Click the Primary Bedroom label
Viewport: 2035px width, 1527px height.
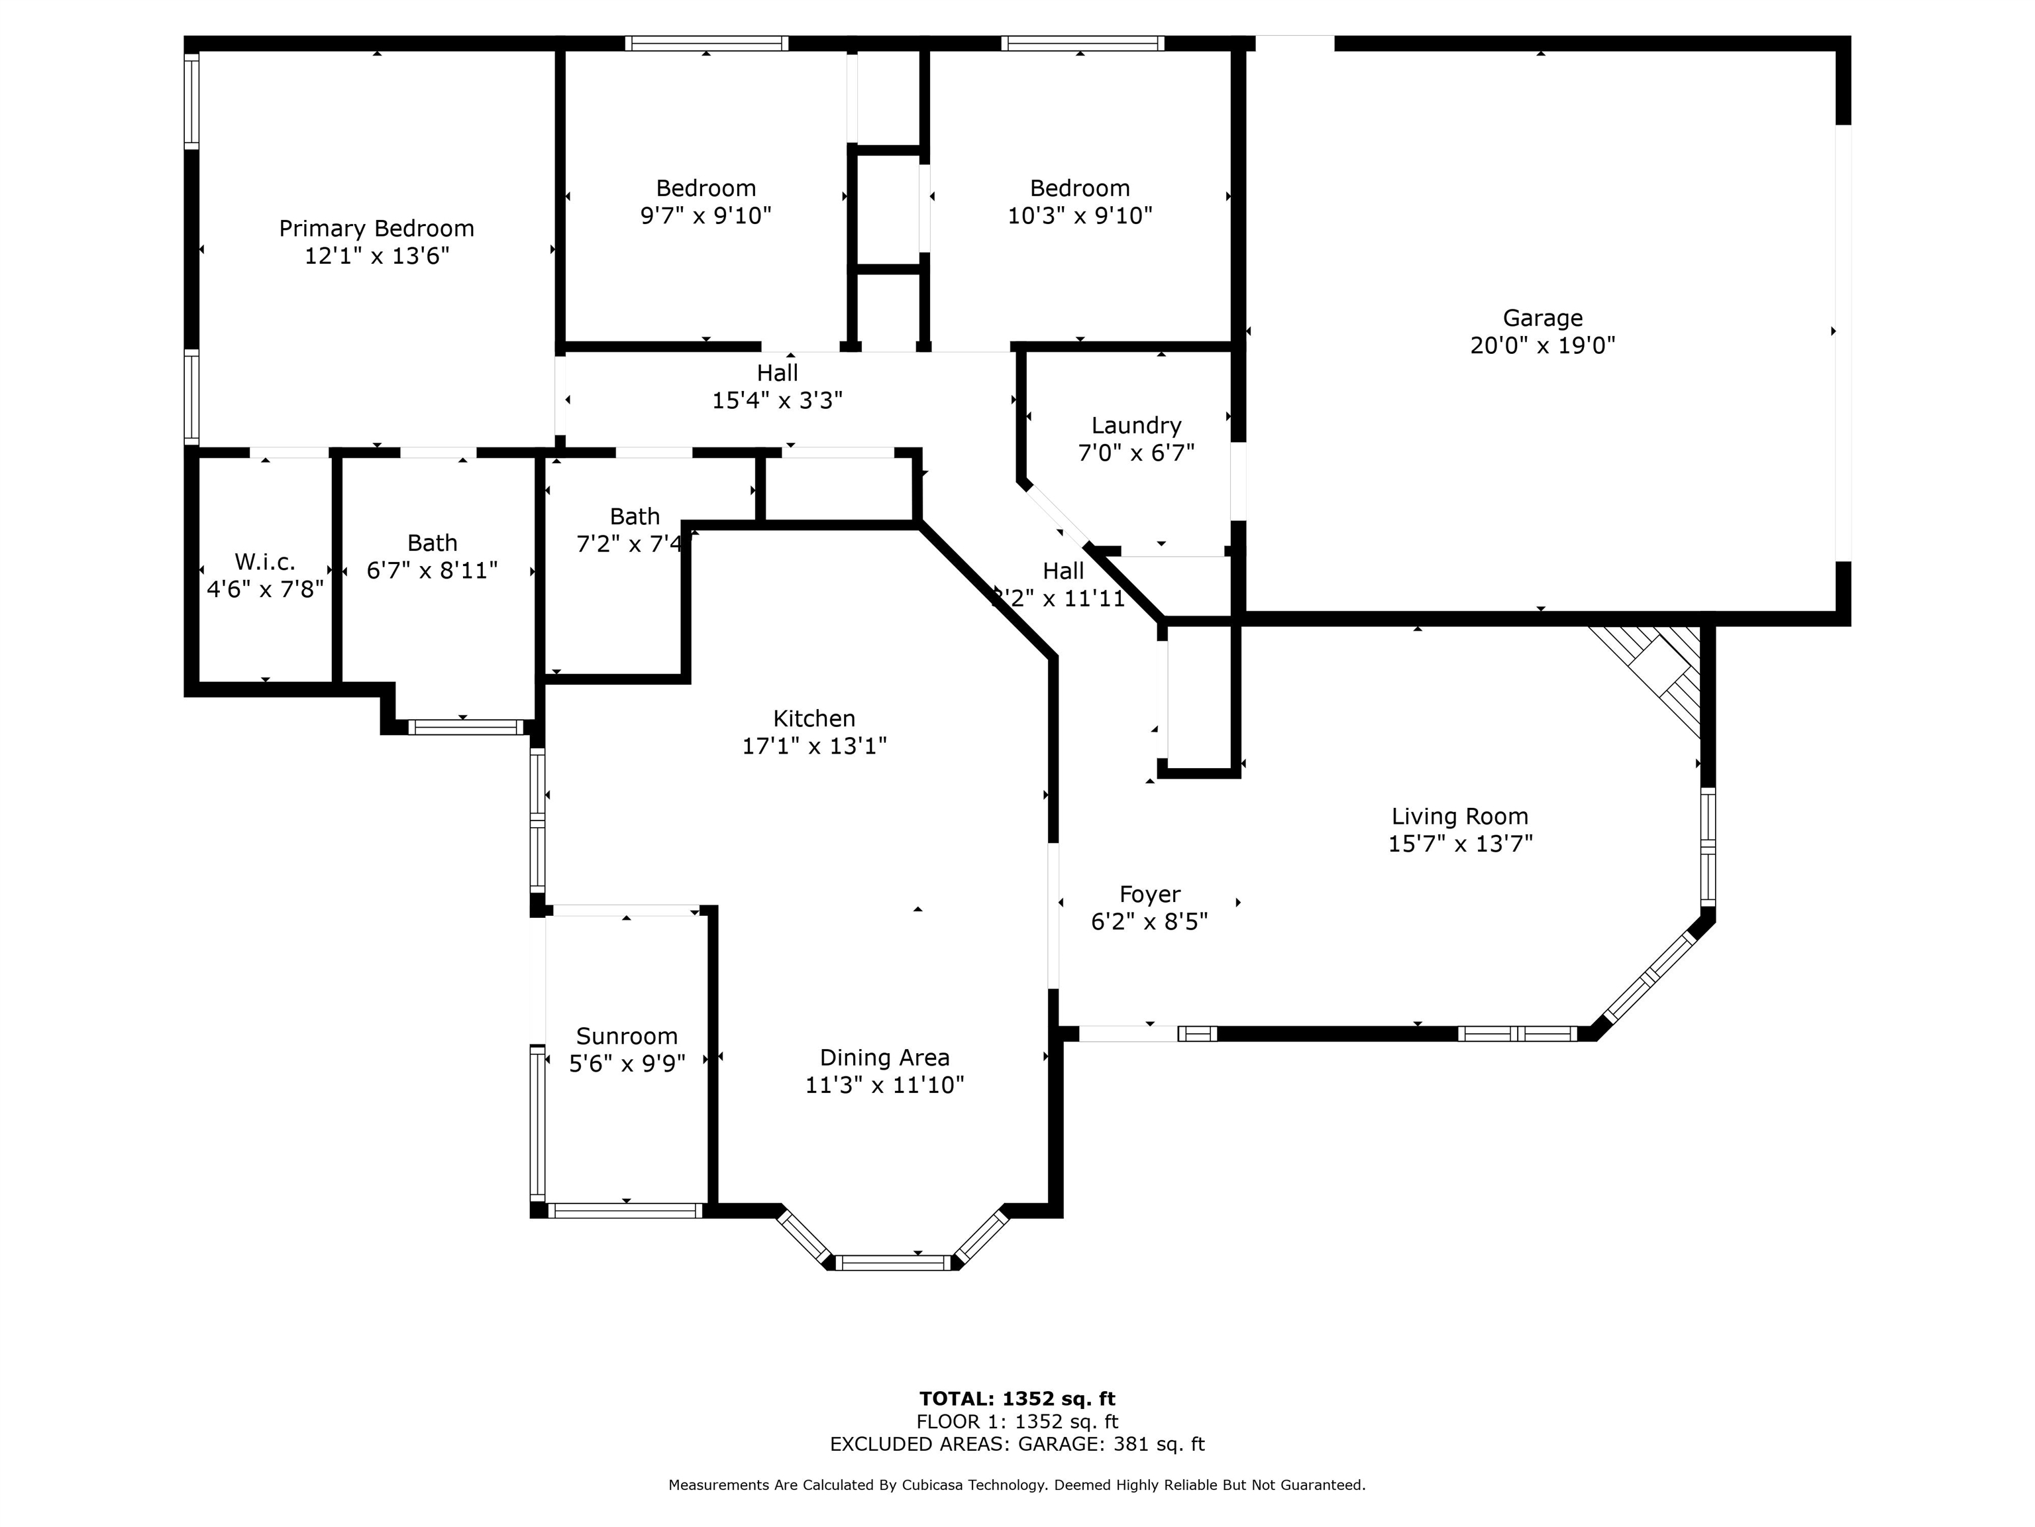tap(376, 228)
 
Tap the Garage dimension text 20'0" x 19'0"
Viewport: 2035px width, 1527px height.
tap(1543, 345)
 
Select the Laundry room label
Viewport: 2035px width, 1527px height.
tap(1136, 425)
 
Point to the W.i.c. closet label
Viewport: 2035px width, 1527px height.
tap(265, 561)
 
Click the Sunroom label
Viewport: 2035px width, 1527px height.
tap(627, 1037)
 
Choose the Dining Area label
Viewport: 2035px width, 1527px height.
tap(885, 1058)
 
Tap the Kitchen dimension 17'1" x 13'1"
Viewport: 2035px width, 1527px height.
tap(814, 746)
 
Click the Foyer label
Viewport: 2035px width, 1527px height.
tap(1150, 895)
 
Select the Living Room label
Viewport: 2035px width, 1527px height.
tap(1460, 817)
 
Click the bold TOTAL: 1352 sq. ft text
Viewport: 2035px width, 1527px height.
tap(1017, 1399)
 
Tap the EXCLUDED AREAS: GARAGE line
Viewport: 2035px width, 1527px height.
tap(1017, 1444)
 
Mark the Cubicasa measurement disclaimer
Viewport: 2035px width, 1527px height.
tap(1017, 1485)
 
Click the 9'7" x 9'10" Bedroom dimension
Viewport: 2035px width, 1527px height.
tap(705, 215)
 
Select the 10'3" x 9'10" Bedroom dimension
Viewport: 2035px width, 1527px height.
tap(1080, 215)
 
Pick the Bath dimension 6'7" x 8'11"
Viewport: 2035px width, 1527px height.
tap(433, 571)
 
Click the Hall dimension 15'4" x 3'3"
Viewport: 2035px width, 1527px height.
tap(778, 400)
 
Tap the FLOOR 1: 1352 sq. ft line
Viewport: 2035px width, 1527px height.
tap(1017, 1422)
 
